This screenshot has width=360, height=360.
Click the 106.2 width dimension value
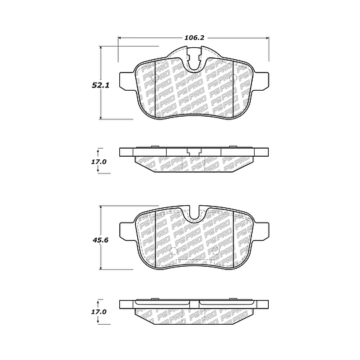click(194, 38)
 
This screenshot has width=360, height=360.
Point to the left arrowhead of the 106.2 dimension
click(119, 38)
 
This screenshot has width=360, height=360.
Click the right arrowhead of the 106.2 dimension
click(267, 38)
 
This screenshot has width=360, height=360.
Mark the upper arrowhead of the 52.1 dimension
click(100, 48)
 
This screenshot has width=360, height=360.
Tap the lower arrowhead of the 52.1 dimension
click(100, 117)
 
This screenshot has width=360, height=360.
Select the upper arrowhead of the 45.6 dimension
click(100, 207)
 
